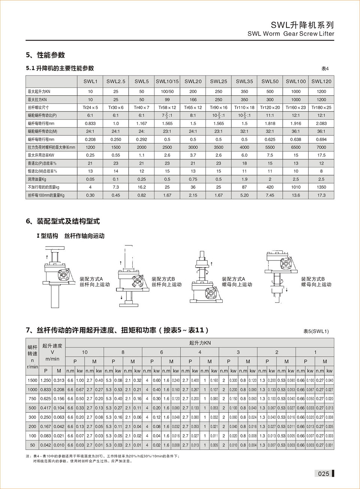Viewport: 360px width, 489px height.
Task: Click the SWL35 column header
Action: [x=244, y=81]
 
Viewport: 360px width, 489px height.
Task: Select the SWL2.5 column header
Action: [x=116, y=81]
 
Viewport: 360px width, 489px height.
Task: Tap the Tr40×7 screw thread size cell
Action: [x=141, y=107]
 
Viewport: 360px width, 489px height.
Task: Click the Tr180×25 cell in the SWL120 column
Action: [x=321, y=107]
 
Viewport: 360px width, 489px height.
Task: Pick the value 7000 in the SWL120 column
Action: [x=321, y=147]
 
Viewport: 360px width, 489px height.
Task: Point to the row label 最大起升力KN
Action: [x=39, y=92]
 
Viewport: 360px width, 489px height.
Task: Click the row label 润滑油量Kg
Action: [x=37, y=179]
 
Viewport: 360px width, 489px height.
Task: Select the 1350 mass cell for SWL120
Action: [x=321, y=187]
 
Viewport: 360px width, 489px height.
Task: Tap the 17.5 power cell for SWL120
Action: [x=321, y=155]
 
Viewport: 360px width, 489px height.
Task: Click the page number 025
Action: [x=323, y=474]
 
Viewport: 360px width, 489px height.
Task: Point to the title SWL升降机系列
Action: [x=302, y=25]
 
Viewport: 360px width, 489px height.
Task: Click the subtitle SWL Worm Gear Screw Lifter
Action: [x=291, y=34]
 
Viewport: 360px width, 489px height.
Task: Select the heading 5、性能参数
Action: [x=45, y=55]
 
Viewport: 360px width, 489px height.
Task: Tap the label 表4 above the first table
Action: [x=325, y=69]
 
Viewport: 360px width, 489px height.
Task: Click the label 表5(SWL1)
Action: [x=316, y=331]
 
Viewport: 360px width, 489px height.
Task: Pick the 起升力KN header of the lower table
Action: [x=200, y=343]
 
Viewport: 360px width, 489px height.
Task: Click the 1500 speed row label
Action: [x=33, y=380]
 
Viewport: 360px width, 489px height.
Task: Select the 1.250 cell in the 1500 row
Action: [x=46, y=380]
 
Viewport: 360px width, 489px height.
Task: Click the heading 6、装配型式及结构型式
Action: [x=63, y=221]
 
